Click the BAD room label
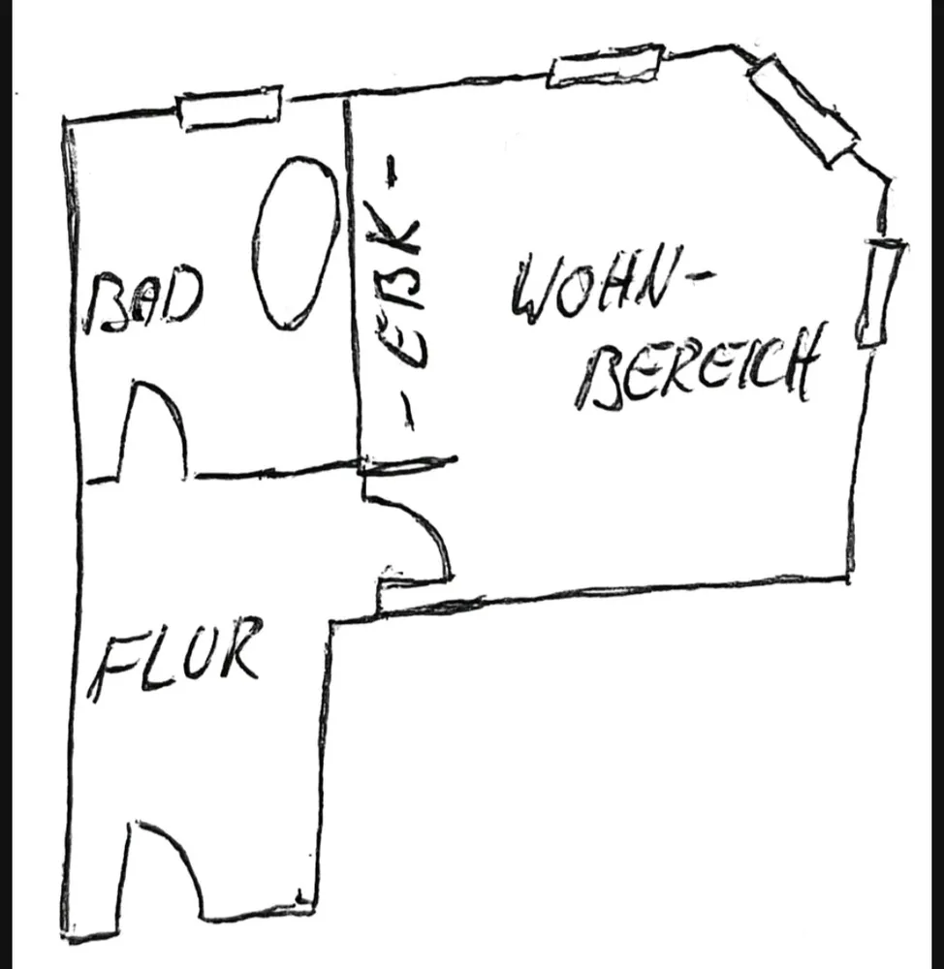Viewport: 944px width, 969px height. [144, 301]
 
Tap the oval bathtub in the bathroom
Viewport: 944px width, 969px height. [296, 242]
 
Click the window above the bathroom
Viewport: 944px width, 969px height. [230, 109]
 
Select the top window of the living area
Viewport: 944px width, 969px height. [606, 65]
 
